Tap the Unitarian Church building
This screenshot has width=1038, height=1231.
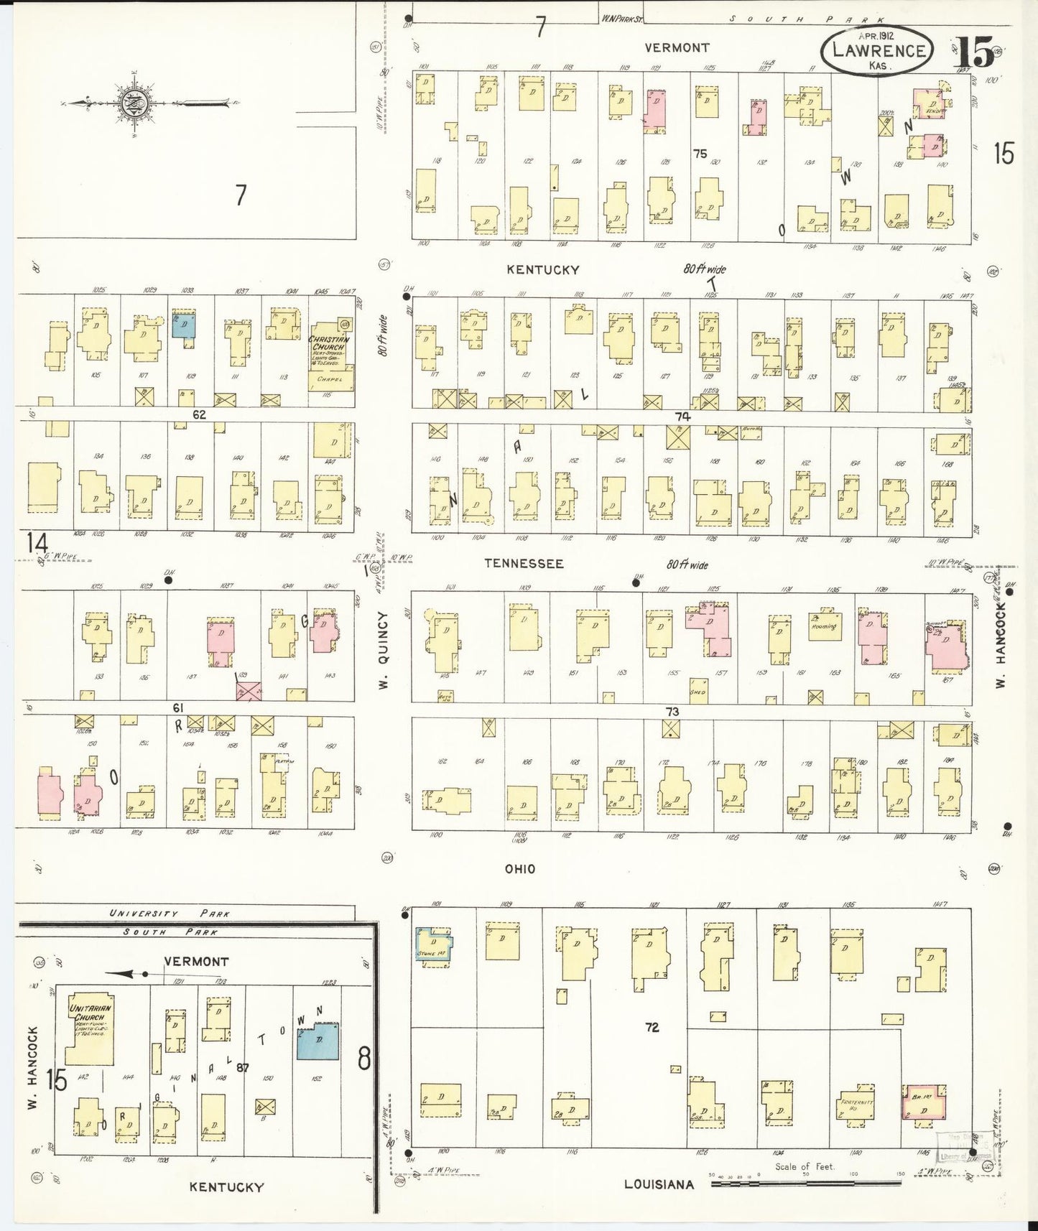pyautogui.click(x=89, y=1028)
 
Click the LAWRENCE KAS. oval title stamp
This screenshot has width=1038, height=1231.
pyautogui.click(x=878, y=51)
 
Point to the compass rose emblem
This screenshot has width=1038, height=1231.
pyautogui.click(x=134, y=103)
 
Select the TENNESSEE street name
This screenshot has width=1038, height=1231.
pyautogui.click(x=523, y=564)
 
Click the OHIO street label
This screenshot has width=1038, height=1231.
pyautogui.click(x=519, y=869)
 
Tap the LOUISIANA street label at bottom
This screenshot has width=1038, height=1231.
pyautogui.click(x=658, y=1184)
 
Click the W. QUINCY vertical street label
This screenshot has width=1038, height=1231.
pyautogui.click(x=384, y=651)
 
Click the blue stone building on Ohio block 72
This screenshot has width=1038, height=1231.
pyautogui.click(x=435, y=946)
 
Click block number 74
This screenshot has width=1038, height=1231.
pyautogui.click(x=682, y=417)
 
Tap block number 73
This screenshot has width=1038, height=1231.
pyautogui.click(x=672, y=712)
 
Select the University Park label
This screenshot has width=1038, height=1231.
pyautogui.click(x=170, y=914)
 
